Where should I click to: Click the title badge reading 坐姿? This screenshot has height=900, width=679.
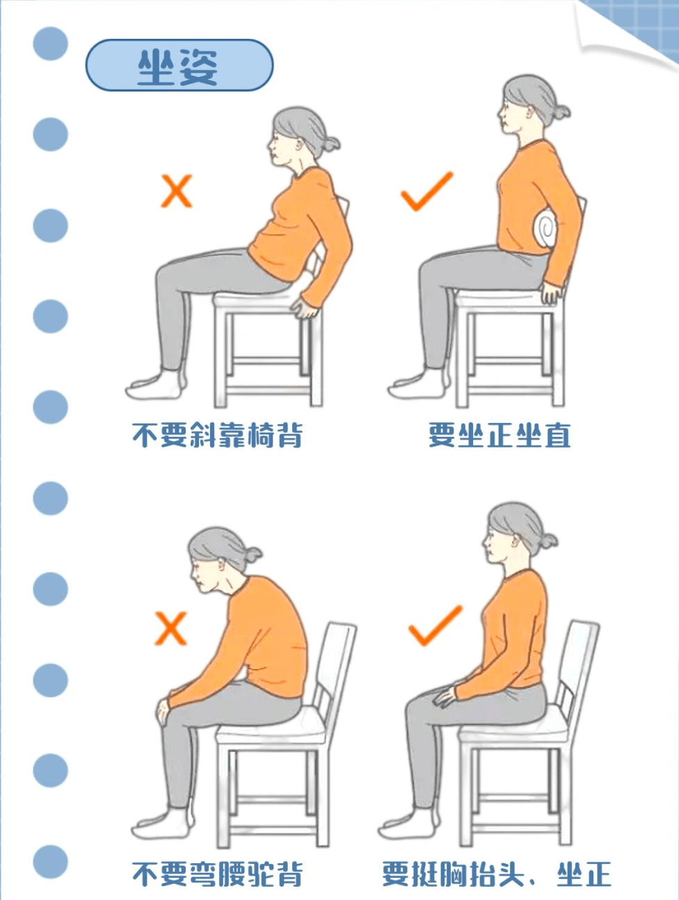pos(179,65)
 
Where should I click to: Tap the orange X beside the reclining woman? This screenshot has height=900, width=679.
pos(176,191)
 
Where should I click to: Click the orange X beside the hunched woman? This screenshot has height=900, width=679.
pos(170,628)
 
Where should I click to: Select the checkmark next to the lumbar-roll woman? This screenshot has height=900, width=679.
pos(426,191)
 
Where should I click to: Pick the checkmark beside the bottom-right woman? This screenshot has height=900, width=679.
pos(435,625)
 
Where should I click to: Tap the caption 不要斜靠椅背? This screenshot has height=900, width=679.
pos(217,436)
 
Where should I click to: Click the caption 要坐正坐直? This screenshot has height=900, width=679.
pos(499,436)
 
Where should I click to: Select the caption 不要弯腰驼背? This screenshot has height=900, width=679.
pos(217,874)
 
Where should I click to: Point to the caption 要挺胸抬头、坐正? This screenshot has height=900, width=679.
pos(496,874)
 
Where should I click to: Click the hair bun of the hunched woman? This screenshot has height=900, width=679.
pos(251,555)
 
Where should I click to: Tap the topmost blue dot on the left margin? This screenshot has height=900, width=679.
pos(50,43)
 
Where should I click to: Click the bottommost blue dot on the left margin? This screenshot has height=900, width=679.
pos(50,862)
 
